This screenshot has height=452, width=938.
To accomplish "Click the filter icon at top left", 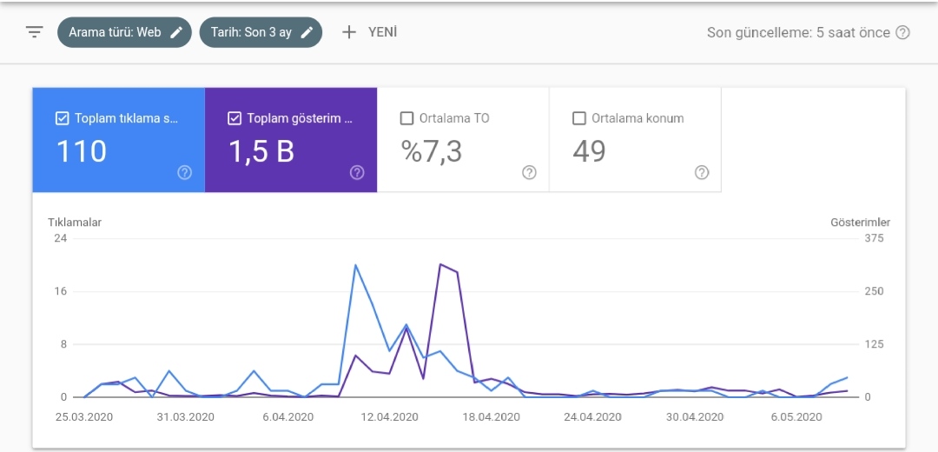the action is click(x=35, y=32).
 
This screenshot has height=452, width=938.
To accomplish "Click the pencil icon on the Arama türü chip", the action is click(x=175, y=32).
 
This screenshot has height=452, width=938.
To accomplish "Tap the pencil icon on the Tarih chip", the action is click(x=307, y=32).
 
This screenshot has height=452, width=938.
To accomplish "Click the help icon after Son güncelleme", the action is click(x=902, y=32).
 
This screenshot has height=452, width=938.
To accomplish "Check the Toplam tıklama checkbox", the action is click(x=62, y=118).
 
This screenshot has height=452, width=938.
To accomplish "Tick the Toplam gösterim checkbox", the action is click(x=234, y=118).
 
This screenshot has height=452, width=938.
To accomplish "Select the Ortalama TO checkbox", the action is click(x=406, y=118).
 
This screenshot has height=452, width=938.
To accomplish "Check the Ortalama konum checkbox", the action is click(x=579, y=118).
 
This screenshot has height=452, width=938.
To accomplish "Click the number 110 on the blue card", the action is click(x=82, y=151).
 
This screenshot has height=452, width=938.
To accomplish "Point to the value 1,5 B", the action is click(x=261, y=151).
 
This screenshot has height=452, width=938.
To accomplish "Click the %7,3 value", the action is click(x=432, y=151).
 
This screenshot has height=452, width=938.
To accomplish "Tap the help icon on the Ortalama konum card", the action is click(x=702, y=172).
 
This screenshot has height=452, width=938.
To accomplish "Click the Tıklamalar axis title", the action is click(x=75, y=223).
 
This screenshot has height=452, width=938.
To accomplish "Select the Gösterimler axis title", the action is click(x=860, y=223).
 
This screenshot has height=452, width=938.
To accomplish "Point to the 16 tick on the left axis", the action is click(x=61, y=291).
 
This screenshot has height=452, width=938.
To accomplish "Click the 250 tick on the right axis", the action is click(x=874, y=291).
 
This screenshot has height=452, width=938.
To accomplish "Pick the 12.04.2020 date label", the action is click(x=390, y=416).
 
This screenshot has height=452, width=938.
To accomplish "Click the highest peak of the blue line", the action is click(x=355, y=264).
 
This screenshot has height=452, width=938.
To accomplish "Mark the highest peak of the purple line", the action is click(x=440, y=264).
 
